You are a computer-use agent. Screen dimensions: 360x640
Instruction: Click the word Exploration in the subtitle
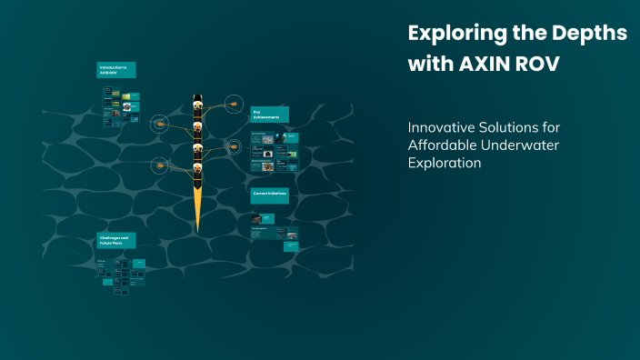point(445,164)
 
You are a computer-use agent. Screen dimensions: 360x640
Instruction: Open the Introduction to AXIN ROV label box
point(116,69)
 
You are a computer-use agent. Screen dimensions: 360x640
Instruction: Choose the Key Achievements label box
point(269,114)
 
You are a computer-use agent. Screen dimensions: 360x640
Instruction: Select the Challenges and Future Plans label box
point(116,240)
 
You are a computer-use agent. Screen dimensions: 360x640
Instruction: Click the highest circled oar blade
point(235,105)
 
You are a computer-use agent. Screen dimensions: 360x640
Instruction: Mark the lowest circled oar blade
point(160,165)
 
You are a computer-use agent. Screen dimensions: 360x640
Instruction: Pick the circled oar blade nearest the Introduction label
point(160,123)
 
